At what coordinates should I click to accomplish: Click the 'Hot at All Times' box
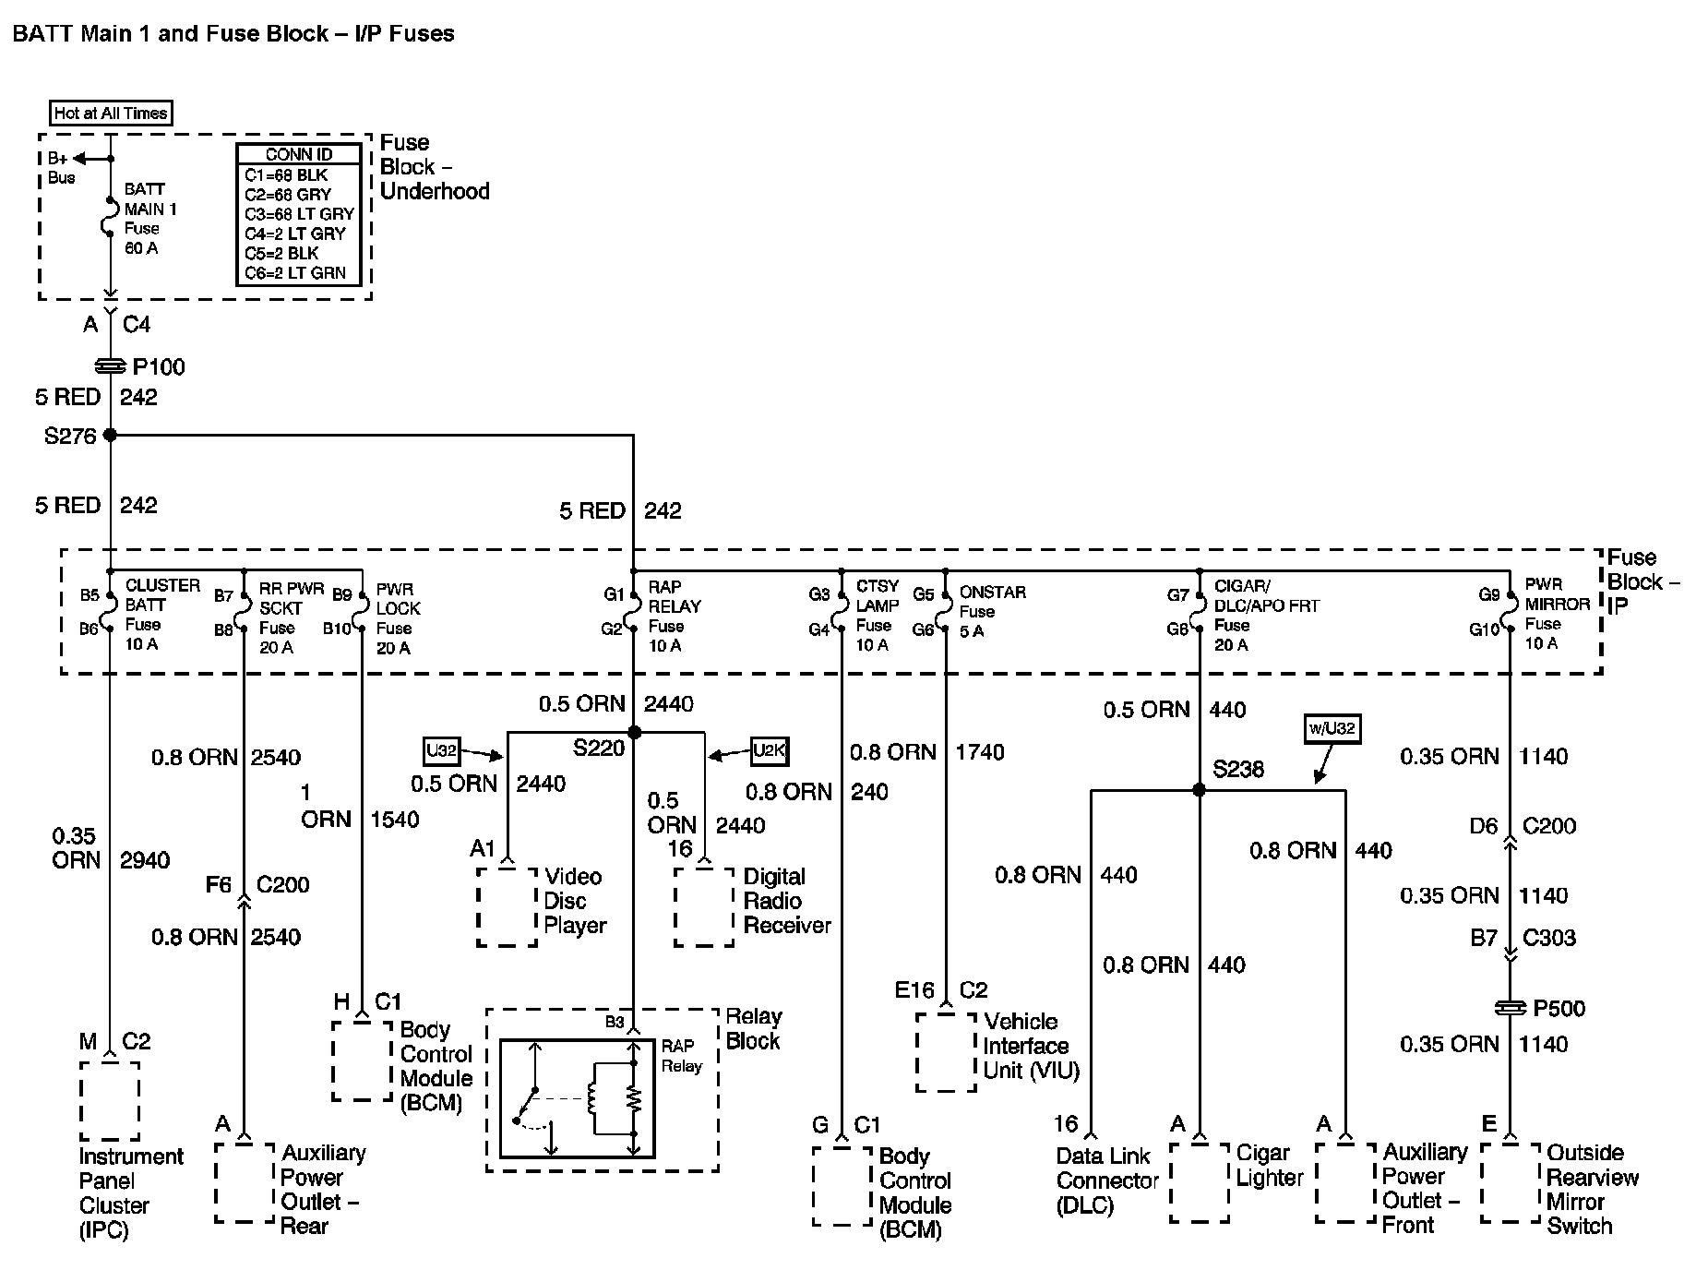[111, 114]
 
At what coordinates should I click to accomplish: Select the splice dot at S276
[110, 435]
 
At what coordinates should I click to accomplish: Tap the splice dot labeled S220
[634, 732]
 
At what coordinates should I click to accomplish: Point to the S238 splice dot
[1199, 790]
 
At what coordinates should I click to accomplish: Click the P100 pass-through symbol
[111, 366]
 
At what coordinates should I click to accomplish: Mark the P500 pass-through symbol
[1510, 1008]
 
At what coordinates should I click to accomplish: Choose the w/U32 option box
[1332, 728]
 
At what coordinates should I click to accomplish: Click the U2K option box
[769, 751]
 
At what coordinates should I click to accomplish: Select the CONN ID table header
[298, 154]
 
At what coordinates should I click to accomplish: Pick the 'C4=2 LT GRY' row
[295, 234]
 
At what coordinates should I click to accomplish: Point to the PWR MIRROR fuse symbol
[1510, 612]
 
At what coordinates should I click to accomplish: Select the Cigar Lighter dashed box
[1199, 1183]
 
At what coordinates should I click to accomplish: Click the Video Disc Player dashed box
[507, 906]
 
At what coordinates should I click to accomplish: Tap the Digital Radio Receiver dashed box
[704, 906]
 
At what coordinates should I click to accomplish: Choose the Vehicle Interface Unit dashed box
[946, 1052]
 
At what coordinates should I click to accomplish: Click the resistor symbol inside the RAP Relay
[633, 1097]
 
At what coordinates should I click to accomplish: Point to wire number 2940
[145, 860]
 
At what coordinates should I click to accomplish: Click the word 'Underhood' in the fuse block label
[435, 191]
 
